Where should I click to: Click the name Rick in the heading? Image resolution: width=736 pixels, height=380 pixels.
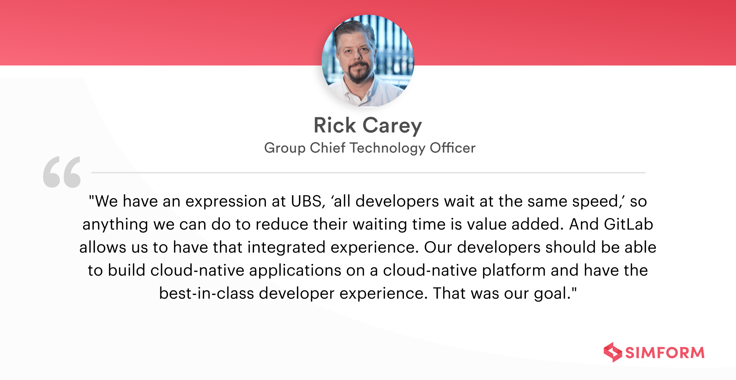pos(335,125)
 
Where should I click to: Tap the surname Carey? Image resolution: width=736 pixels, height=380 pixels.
pos(392,126)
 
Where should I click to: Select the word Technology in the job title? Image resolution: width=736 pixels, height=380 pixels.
pos(387,148)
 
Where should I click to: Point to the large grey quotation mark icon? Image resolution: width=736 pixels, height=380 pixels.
pos(62,172)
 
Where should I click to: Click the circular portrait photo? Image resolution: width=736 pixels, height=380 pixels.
pos(368,60)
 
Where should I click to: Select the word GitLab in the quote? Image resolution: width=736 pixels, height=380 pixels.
pos(629,224)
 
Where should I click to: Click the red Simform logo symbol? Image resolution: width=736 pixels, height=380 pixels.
pos(613,352)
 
